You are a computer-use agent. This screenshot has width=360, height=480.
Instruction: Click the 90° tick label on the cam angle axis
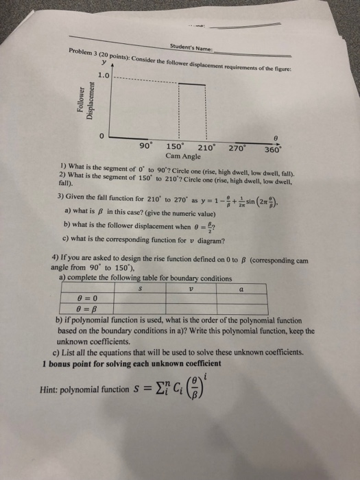pyautogui.click(x=145, y=145)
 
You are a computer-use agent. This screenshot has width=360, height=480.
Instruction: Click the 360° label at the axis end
pyautogui.click(x=273, y=149)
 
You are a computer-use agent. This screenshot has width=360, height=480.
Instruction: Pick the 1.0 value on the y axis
pyautogui.click(x=104, y=74)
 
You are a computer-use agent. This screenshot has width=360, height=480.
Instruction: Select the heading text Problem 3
pyautogui.click(x=84, y=52)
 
